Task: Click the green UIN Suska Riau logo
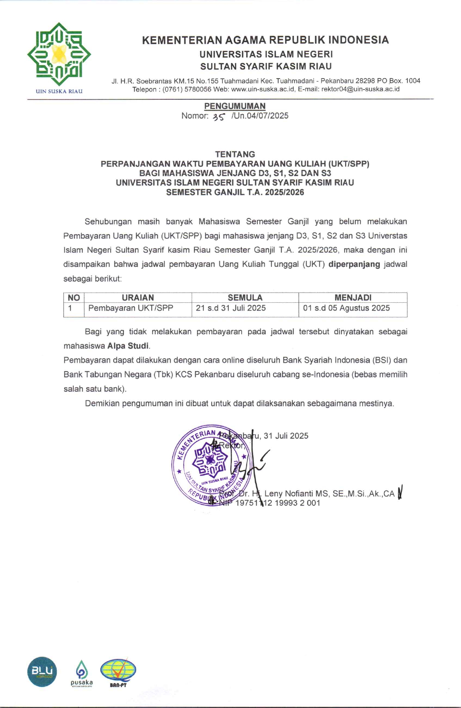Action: tap(59, 54)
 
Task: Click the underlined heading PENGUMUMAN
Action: tap(235, 106)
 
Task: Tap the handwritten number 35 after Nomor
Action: tap(219, 117)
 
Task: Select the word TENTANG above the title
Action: tap(235, 154)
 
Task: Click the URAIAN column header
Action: tap(138, 298)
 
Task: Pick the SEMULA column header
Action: tap(245, 298)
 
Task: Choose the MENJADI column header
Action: tap(353, 298)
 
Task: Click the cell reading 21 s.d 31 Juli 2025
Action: tap(231, 308)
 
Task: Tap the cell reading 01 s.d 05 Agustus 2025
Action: tap(346, 308)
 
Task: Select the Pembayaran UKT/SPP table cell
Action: tap(131, 308)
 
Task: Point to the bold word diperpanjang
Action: tap(354, 264)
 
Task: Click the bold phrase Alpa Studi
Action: tap(128, 346)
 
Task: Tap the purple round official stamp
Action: tap(210, 465)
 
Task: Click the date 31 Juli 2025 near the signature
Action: tap(286, 436)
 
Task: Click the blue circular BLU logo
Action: tap(42, 671)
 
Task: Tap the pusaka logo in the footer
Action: tap(81, 673)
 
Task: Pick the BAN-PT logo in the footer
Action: tap(118, 672)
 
